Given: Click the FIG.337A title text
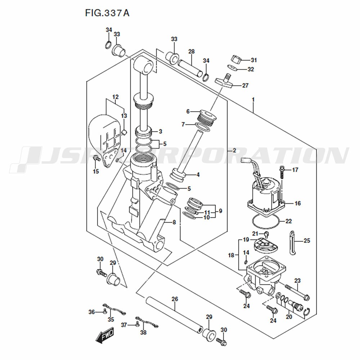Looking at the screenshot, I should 107,13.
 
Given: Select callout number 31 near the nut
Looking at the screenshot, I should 254,60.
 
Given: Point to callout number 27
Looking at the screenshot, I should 245,86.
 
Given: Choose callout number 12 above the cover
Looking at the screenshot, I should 115,97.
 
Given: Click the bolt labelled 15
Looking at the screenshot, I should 96,159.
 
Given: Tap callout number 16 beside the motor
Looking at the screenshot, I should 297,203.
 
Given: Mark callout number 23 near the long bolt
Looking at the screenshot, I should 297,280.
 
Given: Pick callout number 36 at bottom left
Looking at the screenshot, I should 92,312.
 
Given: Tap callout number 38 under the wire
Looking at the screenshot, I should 143,333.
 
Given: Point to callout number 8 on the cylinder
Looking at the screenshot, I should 174,222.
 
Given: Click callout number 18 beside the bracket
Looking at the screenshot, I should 231,255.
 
